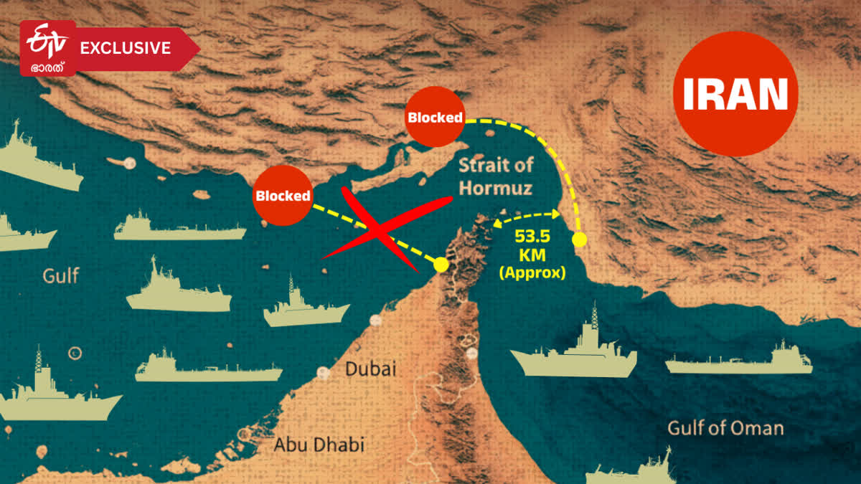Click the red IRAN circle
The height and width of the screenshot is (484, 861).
coord(735,93)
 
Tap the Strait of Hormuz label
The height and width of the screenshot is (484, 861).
coord(495,177)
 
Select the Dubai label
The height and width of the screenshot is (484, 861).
coord(370,370)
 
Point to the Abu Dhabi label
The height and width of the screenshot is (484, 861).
coord(319,445)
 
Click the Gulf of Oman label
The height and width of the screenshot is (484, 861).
coord(725,428)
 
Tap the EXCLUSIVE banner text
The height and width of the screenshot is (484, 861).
coord(125,48)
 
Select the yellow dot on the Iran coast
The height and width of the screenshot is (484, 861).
coord(580,239)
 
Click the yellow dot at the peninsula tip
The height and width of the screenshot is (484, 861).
coord(441,265)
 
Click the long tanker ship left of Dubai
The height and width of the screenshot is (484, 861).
coord(208,369)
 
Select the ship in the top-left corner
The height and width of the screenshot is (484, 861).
coord(36,161)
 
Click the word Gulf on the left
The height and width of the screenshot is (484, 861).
coord(61,275)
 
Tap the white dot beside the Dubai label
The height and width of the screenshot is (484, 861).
coord(324,373)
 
